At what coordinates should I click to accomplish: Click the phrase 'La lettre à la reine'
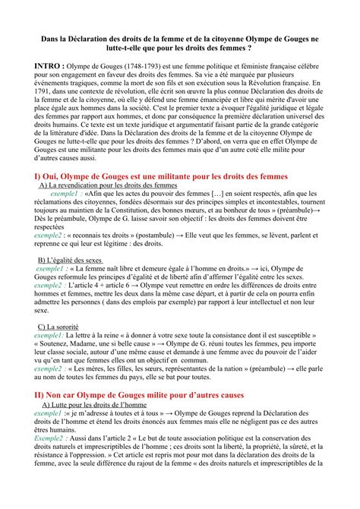[x=96, y=336]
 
